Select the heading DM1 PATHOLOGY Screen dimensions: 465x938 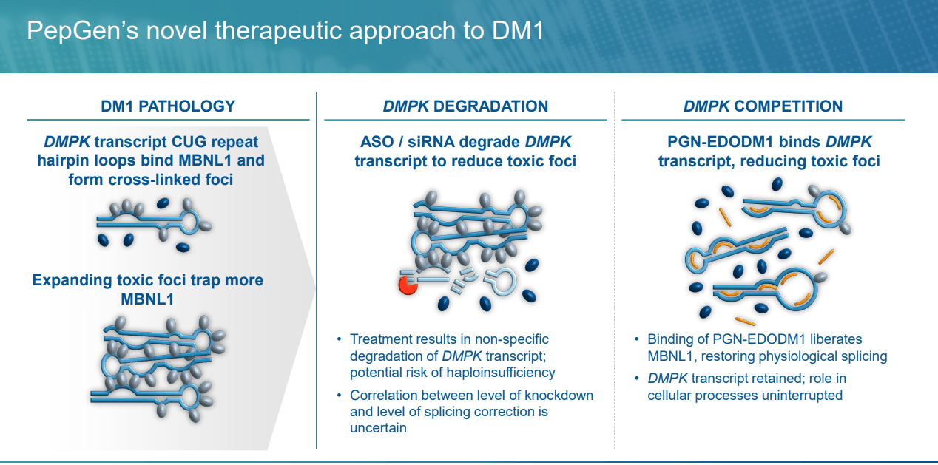tap(168, 106)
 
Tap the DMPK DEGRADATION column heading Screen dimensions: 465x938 tap(465, 106)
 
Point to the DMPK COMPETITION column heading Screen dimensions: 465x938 tap(763, 106)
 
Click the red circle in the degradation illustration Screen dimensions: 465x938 tap(407, 285)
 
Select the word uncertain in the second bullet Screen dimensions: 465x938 tap(378, 427)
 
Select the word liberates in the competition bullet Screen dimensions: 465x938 tap(834, 339)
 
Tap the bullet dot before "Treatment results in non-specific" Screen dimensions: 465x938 tap(339, 339)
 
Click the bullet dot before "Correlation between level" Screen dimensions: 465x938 tap(339, 395)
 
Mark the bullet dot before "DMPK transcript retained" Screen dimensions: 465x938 tap(637, 379)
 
